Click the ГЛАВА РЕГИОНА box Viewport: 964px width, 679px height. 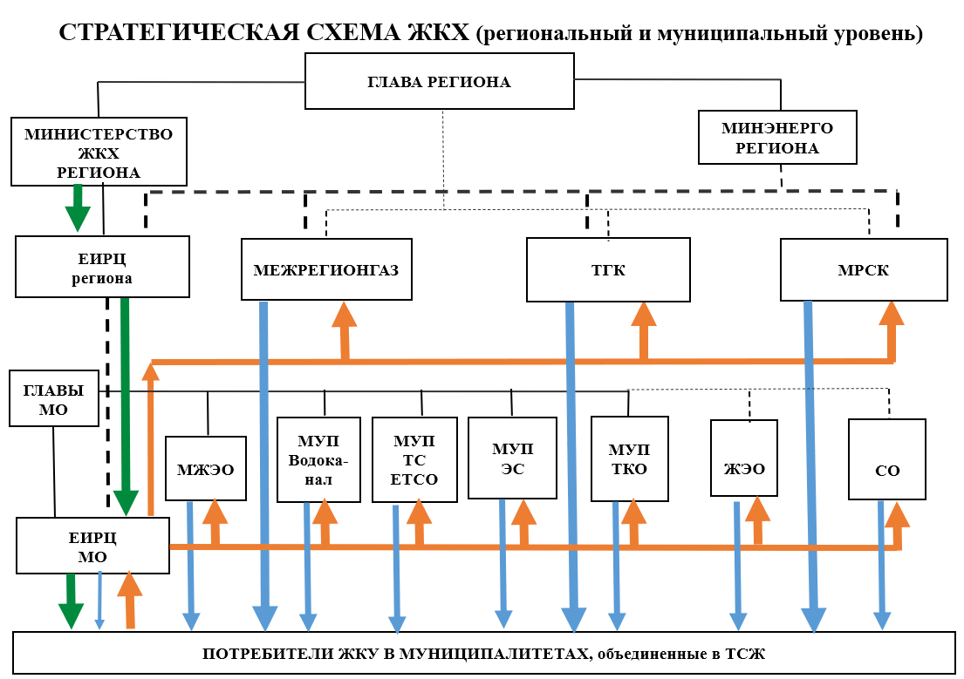click(x=439, y=82)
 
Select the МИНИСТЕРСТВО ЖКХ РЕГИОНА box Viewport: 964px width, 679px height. click(x=98, y=152)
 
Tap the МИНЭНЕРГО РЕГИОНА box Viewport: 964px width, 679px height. click(x=776, y=138)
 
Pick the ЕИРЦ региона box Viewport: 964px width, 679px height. click(x=102, y=267)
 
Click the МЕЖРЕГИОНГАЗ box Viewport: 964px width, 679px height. click(x=325, y=269)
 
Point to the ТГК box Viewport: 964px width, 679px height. click(x=608, y=269)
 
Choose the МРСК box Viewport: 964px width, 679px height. click(x=863, y=269)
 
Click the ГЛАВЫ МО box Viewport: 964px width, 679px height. click(x=53, y=399)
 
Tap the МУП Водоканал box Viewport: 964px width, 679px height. click(x=318, y=459)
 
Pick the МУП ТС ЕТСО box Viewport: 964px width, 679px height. click(x=414, y=459)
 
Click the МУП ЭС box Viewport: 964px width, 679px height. click(x=511, y=458)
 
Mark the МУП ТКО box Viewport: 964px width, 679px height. click(x=629, y=458)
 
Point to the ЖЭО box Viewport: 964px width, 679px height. click(x=744, y=458)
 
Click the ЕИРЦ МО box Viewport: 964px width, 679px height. click(x=92, y=546)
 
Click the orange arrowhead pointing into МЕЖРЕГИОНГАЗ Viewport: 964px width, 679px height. click(x=345, y=316)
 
